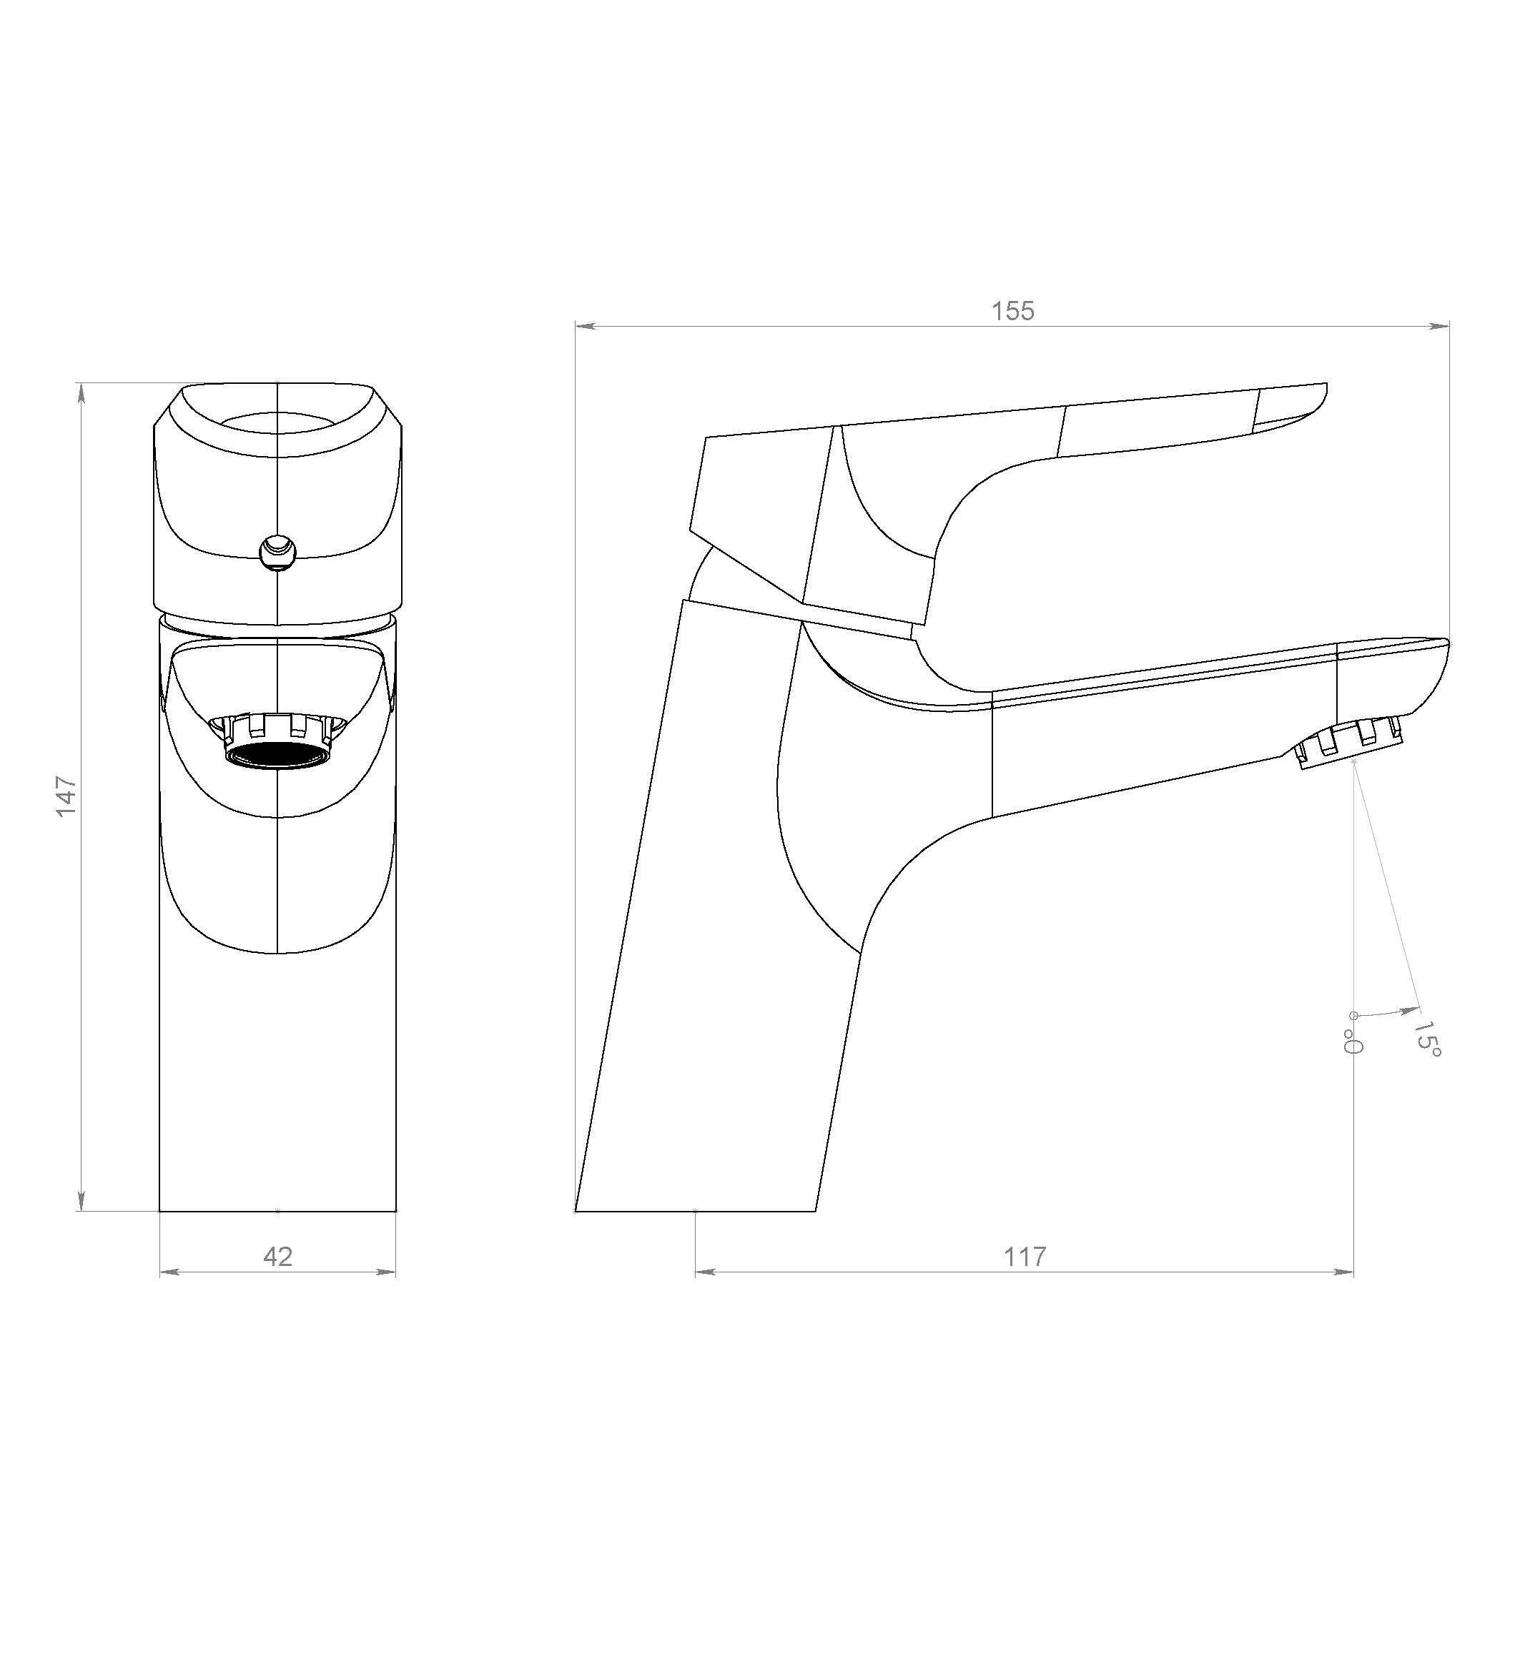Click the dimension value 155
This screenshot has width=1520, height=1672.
tap(1013, 311)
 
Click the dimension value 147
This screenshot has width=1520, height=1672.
tap(66, 796)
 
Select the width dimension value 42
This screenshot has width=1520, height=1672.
tap(278, 1257)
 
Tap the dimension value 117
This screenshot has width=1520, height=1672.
tap(1025, 1257)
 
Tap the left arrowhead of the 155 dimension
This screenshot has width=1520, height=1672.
tap(585, 326)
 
